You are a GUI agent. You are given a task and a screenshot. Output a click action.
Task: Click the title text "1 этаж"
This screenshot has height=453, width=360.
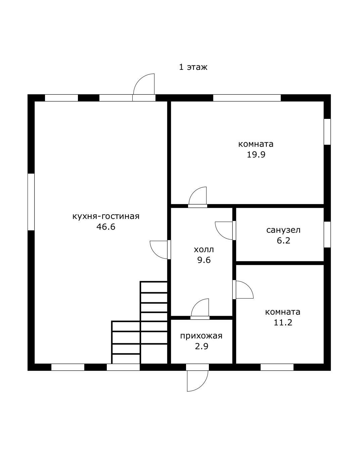pyautogui.click(x=193, y=67)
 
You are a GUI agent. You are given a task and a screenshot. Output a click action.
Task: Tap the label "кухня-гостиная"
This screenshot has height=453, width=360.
pyautogui.click(x=106, y=216)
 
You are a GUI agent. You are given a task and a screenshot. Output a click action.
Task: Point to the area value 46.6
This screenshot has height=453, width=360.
pyautogui.click(x=106, y=227)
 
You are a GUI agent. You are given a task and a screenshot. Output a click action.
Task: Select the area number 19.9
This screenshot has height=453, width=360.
pyautogui.click(x=256, y=155)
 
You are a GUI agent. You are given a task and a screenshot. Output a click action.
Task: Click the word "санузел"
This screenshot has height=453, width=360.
pyautogui.click(x=283, y=230)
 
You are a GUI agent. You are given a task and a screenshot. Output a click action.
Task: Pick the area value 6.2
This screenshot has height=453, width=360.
pyautogui.click(x=283, y=240)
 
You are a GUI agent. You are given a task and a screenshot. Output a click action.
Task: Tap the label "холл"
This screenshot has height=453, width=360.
pyautogui.click(x=204, y=250)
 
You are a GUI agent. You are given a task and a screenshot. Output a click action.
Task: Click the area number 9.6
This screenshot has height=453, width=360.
pyautogui.click(x=204, y=260)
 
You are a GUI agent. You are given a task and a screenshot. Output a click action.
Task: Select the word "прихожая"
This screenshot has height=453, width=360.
pyautogui.click(x=201, y=336)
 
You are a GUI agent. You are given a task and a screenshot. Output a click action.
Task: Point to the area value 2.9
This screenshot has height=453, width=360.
pyautogui.click(x=201, y=347)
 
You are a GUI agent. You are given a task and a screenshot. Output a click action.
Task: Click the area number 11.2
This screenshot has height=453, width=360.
pyautogui.click(x=283, y=322)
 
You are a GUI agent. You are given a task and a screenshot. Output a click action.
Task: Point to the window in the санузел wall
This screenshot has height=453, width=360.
pyautogui.click(x=327, y=234)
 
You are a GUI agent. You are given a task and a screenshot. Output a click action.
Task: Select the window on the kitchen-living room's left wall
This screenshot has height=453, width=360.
pyautogui.click(x=31, y=202)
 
